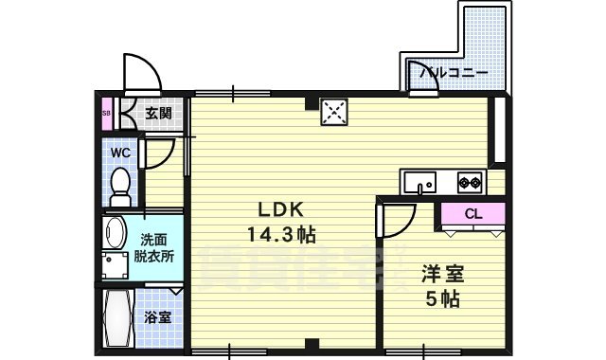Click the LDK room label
[x=276, y=210]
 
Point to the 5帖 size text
[x=441, y=300]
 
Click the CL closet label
[x=473, y=214]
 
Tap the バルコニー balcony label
[x=454, y=72]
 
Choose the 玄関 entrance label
[x=158, y=114]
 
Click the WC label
[x=120, y=152]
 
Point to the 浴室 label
[x=157, y=317]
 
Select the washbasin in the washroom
[x=114, y=233]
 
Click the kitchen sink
[x=418, y=180]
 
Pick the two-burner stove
[x=470, y=180]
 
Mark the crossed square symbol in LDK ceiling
[x=333, y=113]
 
